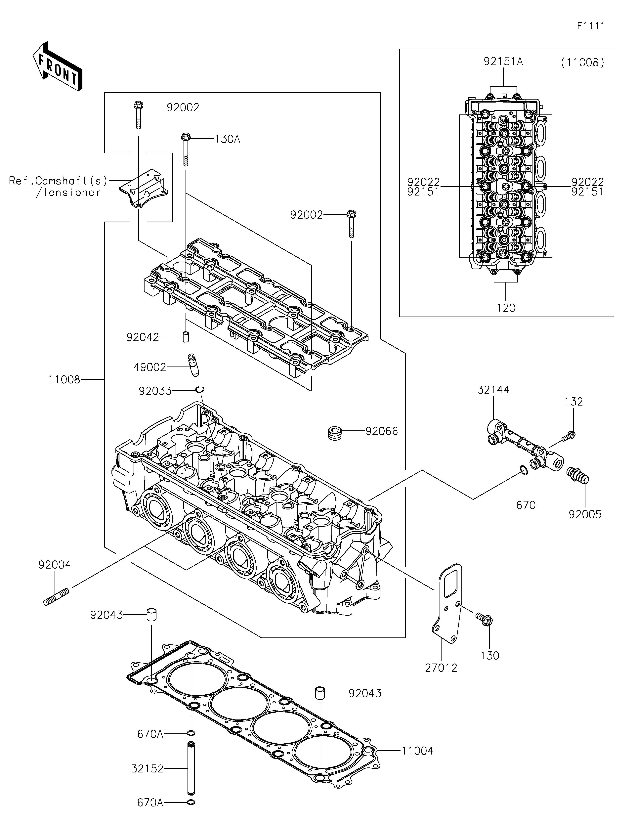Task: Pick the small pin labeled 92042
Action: [x=185, y=336]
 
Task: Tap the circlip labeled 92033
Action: [x=200, y=390]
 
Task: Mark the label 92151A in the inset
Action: [x=503, y=62]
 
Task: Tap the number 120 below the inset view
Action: [x=506, y=308]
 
